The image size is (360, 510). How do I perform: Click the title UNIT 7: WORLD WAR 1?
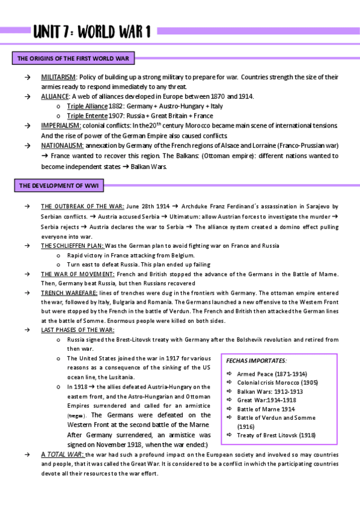pyautogui.click(x=91, y=31)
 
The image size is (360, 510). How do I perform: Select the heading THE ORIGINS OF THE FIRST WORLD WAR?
pyautogui.click(x=75, y=59)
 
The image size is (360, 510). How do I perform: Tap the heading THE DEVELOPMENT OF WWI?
pyautogui.click(x=56, y=186)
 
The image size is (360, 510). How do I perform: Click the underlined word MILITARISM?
pyautogui.click(x=58, y=78)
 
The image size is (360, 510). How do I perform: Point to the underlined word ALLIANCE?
pyautogui.click(x=55, y=96)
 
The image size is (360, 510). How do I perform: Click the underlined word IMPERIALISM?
pyautogui.click(x=61, y=125)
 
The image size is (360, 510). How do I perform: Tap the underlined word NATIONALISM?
pyautogui.click(x=62, y=145)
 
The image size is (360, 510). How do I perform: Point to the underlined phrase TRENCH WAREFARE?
pyautogui.click(x=65, y=292)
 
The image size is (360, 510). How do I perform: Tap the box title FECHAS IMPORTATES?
pyautogui.click(x=256, y=360)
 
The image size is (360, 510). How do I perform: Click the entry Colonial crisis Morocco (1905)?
pyautogui.click(x=277, y=382)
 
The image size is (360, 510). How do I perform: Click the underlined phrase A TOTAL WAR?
pyautogui.click(x=63, y=454)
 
